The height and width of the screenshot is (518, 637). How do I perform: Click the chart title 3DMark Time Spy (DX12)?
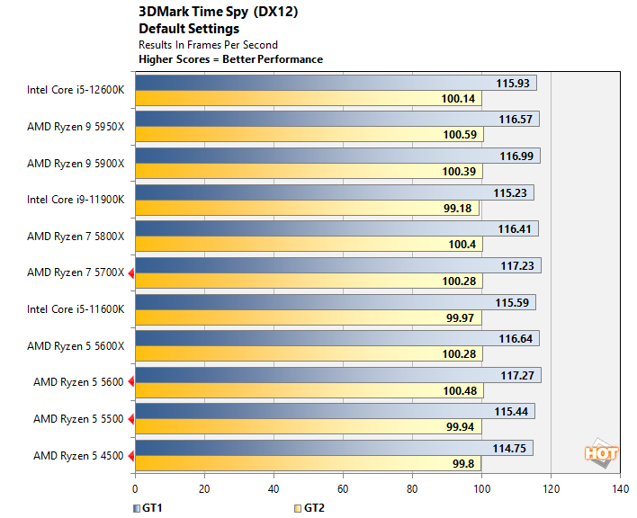218,13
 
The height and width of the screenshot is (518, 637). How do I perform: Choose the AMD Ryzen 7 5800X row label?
76,237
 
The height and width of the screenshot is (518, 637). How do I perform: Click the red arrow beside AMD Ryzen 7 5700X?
130,272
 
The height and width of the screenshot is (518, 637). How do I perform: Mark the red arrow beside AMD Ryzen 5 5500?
130,419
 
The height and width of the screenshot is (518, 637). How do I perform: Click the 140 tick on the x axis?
620,489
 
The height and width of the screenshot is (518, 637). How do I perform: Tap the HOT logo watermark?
601,452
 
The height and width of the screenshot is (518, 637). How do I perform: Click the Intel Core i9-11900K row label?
76,200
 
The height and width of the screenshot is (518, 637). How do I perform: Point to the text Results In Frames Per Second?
208,44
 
